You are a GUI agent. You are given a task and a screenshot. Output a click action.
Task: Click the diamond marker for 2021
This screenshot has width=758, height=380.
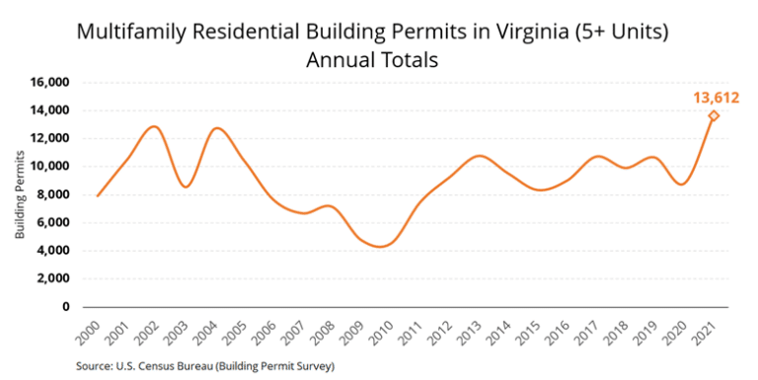pos(714,116)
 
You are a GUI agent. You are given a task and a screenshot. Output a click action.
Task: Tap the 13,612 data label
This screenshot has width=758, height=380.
pos(714,97)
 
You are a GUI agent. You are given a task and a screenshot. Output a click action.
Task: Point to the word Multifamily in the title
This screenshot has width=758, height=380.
pos(130,32)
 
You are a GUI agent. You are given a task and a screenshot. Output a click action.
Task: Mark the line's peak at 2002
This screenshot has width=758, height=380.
pos(154,126)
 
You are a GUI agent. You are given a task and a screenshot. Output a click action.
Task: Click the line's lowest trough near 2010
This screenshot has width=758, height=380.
pos(380,247)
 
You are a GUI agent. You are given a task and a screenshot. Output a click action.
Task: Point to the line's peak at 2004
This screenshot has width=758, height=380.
pos(217,127)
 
